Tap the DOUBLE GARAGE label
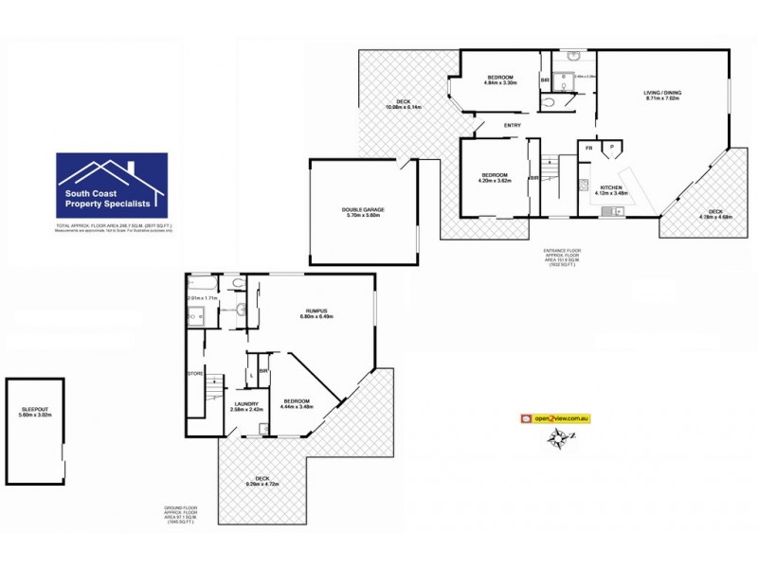(x=363, y=209)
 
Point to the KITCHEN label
(x=612, y=188)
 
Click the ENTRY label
(x=512, y=126)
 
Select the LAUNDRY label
(x=245, y=404)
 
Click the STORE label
(x=196, y=372)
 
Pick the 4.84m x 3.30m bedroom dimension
(x=499, y=83)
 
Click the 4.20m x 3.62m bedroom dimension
(x=494, y=181)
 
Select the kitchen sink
(x=610, y=210)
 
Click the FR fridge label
(x=588, y=148)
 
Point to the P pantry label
(x=613, y=148)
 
